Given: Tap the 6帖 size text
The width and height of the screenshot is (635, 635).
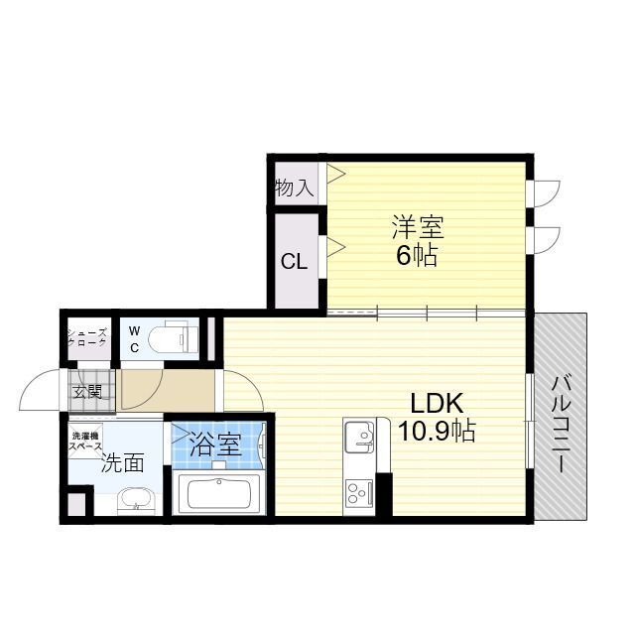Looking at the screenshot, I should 417,255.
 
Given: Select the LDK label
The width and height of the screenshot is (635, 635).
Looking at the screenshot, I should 438,404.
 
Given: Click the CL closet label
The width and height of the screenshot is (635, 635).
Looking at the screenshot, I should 293,262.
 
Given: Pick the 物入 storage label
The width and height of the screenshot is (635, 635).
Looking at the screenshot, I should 293,188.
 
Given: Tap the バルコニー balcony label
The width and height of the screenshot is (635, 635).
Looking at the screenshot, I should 560,423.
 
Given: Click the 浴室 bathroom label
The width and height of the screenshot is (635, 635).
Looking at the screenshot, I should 215,444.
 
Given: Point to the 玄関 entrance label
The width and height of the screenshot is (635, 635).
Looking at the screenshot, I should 87,391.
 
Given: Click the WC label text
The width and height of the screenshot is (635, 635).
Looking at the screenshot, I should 134,338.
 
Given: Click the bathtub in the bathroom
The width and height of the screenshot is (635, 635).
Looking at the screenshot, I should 218,492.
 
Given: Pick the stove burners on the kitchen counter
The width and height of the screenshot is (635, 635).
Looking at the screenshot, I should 357,492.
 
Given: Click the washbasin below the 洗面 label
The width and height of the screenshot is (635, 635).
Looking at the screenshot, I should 131,500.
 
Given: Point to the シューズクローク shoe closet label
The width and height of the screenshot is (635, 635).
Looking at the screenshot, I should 87,338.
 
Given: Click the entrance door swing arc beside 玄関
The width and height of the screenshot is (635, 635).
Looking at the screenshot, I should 40,389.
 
